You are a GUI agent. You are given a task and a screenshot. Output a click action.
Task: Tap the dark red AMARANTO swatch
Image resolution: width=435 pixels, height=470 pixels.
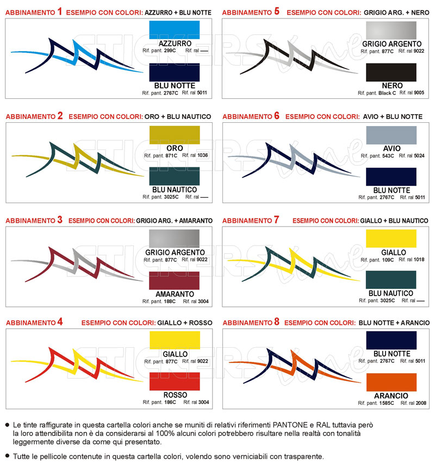pos(174,281)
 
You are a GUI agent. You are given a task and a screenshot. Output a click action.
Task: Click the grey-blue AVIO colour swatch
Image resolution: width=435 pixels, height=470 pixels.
pos(391,134)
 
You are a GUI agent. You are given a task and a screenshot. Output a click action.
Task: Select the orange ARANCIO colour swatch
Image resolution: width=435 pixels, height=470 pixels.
pos(391,382)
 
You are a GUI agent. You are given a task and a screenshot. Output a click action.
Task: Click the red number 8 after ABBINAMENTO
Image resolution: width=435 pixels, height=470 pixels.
pos(277,322)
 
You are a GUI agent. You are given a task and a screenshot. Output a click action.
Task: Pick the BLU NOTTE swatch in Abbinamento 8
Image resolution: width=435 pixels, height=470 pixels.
pos(391,340)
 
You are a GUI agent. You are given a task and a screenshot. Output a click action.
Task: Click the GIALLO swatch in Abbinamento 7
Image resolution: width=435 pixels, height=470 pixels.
pos(391,239)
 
